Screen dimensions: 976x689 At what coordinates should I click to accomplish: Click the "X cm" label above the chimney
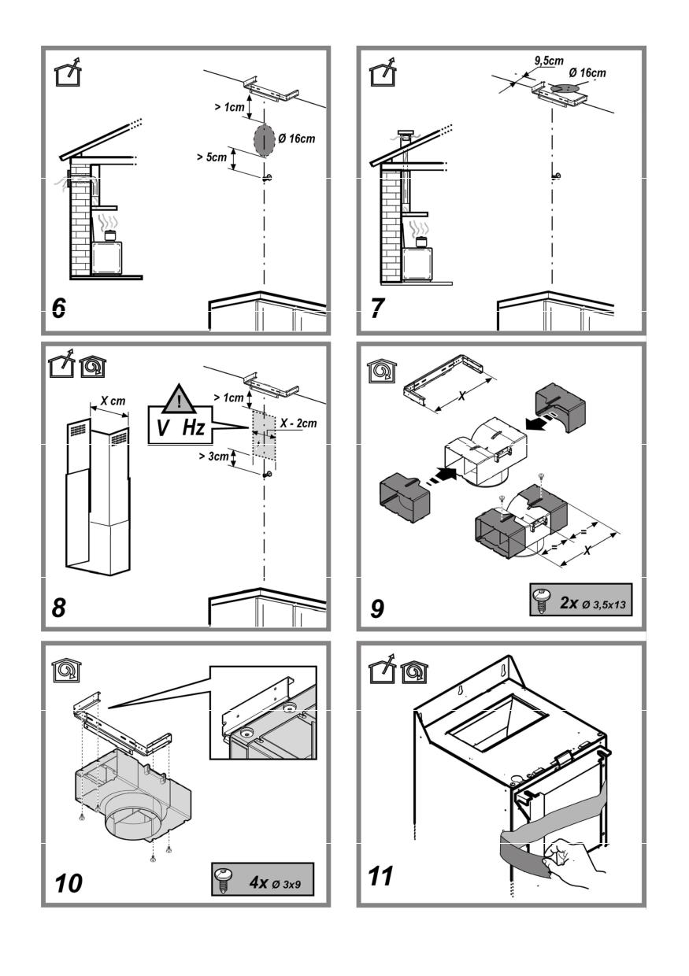[109, 401]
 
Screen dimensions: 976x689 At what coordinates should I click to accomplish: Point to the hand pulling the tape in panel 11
[569, 864]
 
